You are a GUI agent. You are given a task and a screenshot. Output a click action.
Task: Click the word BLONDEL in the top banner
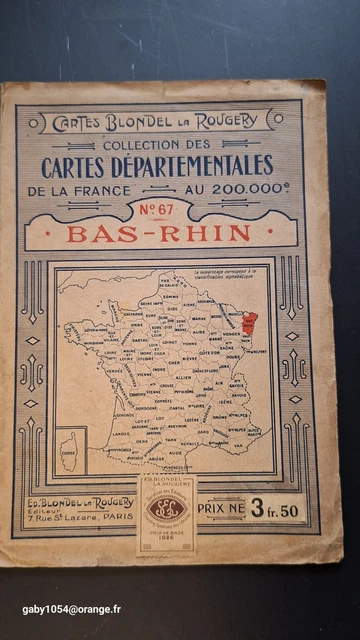135,121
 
